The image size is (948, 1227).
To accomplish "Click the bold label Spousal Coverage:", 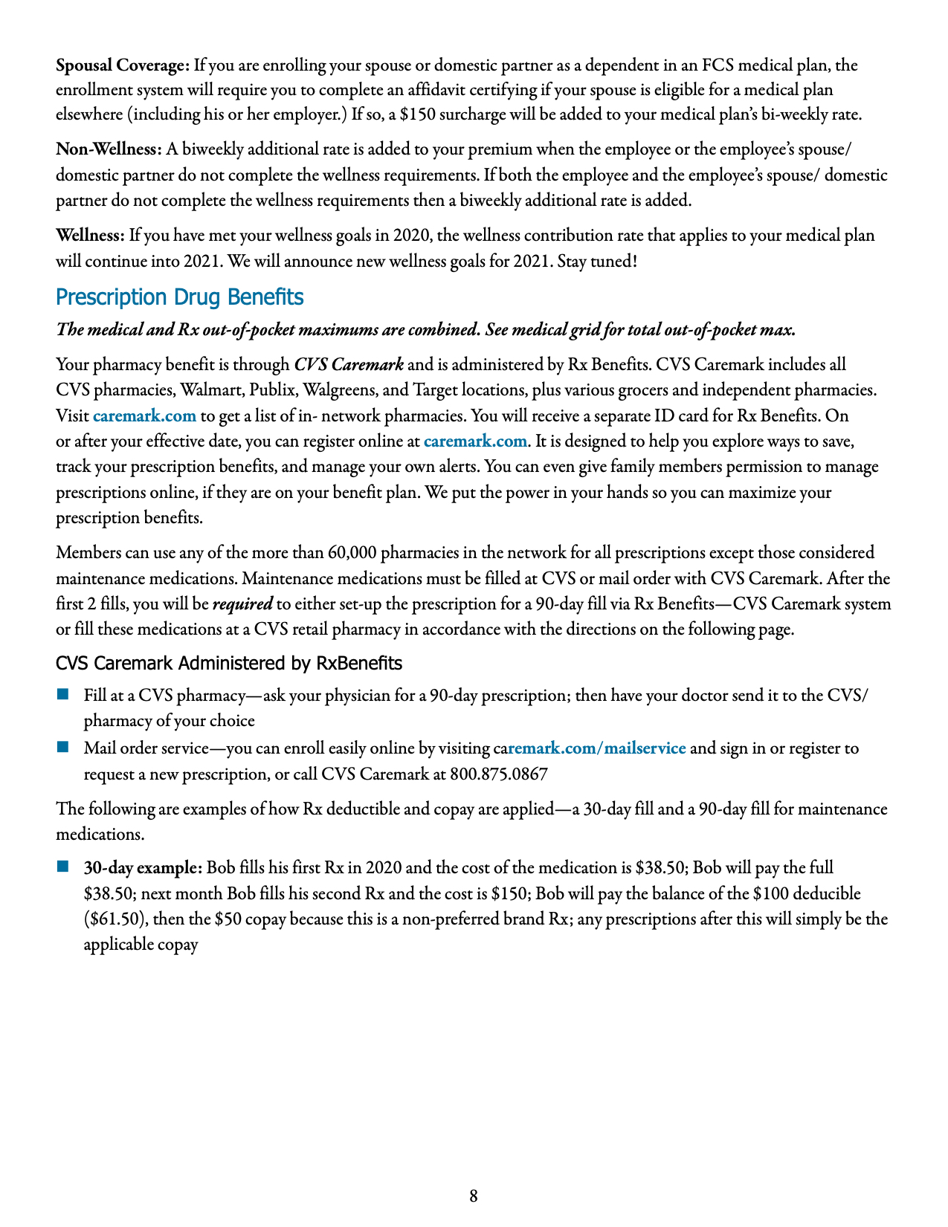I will pyautogui.click(x=123, y=65).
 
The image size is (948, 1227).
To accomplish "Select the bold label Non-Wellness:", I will pyautogui.click(x=109, y=149).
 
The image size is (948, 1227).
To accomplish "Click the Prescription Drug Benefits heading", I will pyautogui.click(x=179, y=297).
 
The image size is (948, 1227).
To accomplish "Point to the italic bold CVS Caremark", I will pyautogui.click(x=349, y=365).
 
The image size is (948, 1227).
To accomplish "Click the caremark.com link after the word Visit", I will pyautogui.click(x=144, y=415).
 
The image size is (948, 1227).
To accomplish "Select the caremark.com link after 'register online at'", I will pyautogui.click(x=475, y=441).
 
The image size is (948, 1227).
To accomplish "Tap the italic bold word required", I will pyautogui.click(x=242, y=604).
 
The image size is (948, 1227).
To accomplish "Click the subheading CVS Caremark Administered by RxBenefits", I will pyautogui.click(x=229, y=663).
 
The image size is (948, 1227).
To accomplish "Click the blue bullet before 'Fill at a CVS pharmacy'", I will pyautogui.click(x=62, y=695).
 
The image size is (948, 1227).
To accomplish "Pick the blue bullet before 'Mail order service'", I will pyautogui.click(x=62, y=746).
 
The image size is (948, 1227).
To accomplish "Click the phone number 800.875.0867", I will pyautogui.click(x=499, y=774).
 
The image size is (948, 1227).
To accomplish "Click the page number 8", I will pyautogui.click(x=474, y=1196).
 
